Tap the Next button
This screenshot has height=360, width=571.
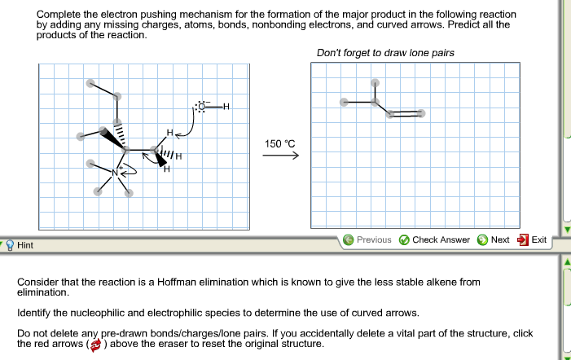(x=494, y=239)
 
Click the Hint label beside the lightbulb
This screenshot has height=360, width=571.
(x=25, y=244)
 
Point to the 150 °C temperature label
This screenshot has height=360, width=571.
(x=279, y=143)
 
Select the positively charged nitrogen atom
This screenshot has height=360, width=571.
(x=116, y=173)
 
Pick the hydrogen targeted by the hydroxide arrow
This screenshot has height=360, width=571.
(x=169, y=132)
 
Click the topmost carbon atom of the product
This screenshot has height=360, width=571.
(x=375, y=82)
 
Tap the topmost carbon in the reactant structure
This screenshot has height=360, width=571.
(x=92, y=83)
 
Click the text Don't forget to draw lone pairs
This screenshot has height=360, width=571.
(x=385, y=53)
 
